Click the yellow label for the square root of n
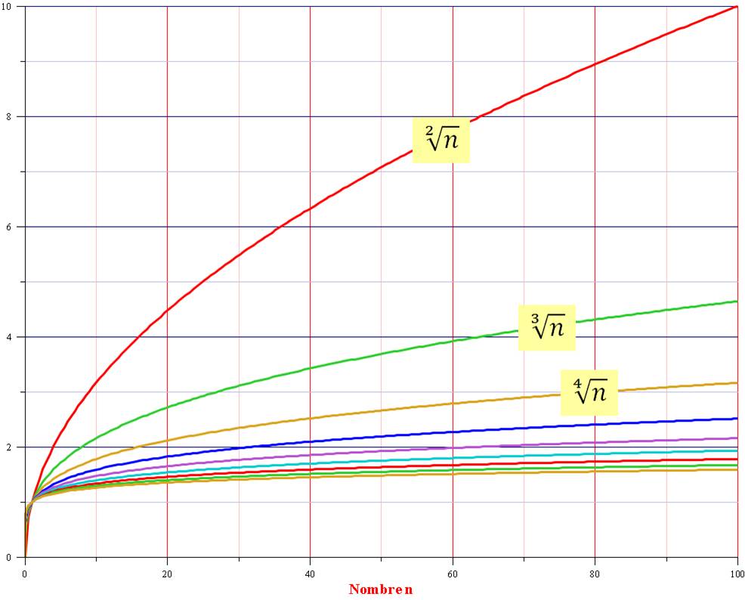441,140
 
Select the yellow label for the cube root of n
546,327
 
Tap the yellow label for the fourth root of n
589,392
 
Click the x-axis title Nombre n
381,589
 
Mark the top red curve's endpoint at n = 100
737,7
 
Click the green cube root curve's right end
737,302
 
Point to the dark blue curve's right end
737,419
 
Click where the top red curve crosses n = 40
310,209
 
